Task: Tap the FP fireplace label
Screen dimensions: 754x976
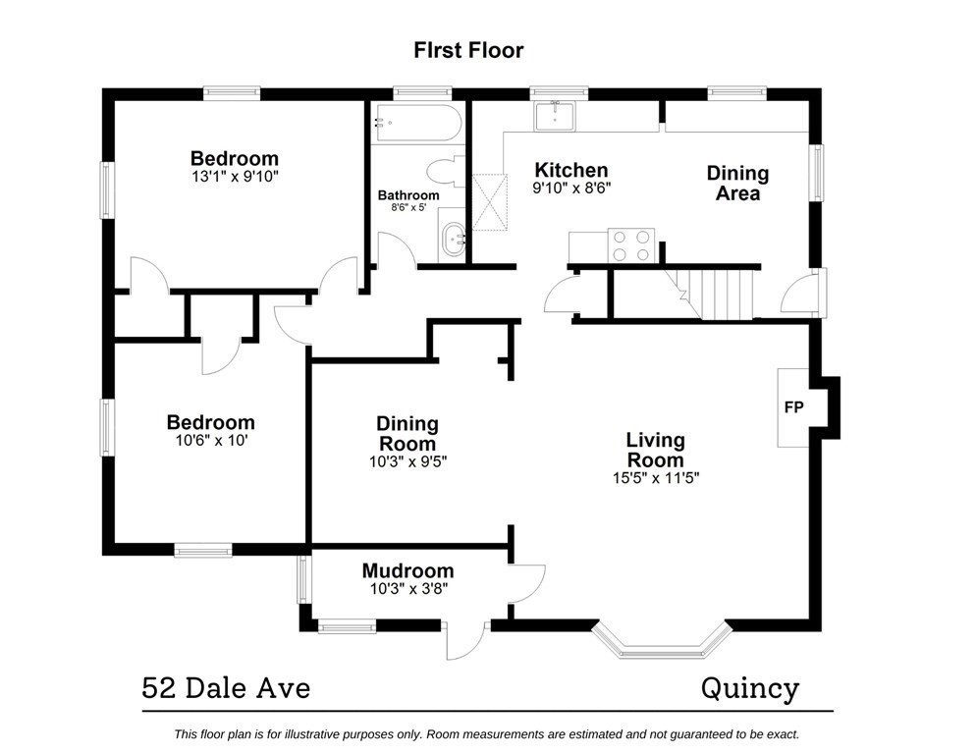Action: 792,406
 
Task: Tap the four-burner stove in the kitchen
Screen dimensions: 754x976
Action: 631,244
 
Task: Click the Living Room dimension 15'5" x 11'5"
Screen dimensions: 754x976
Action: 655,479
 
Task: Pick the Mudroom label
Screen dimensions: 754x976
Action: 407,570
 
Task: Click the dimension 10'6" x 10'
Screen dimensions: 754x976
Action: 210,442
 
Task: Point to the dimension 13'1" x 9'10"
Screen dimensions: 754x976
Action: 234,177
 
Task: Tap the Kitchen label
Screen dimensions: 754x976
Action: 569,170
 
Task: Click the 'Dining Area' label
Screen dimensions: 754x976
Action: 737,184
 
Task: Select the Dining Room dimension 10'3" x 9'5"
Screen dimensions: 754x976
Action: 407,460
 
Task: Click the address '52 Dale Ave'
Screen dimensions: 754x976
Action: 226,688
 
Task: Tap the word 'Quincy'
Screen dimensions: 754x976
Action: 749,688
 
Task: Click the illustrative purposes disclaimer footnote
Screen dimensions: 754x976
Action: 486,733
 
